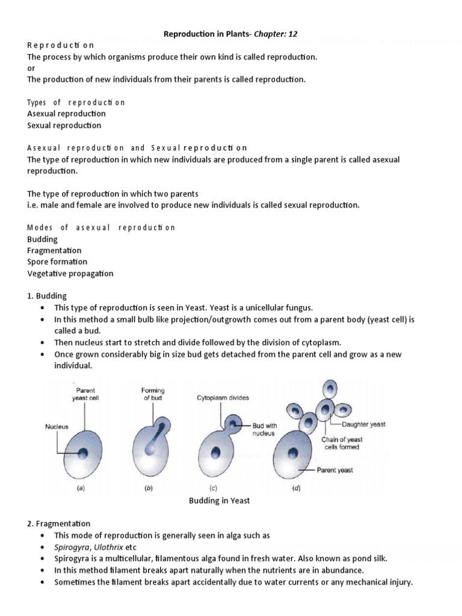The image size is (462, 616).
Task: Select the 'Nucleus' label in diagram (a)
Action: click(x=57, y=427)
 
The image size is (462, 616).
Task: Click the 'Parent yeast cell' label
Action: click(x=85, y=394)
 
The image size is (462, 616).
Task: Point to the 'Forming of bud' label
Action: click(x=153, y=394)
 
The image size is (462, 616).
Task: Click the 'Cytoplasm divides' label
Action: click(x=222, y=398)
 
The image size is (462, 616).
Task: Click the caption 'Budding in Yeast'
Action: click(x=220, y=500)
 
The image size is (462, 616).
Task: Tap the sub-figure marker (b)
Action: click(x=149, y=488)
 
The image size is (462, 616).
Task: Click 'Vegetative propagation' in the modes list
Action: click(x=70, y=273)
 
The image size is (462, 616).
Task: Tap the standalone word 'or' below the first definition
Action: click(x=31, y=68)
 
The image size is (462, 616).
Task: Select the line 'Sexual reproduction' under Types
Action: click(x=64, y=125)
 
